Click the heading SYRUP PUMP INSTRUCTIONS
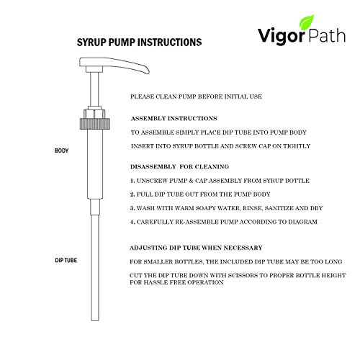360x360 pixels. tap(139, 42)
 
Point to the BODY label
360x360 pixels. tap(63, 151)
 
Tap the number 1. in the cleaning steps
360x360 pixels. tap(132, 181)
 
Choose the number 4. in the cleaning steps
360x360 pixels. tap(132, 222)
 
